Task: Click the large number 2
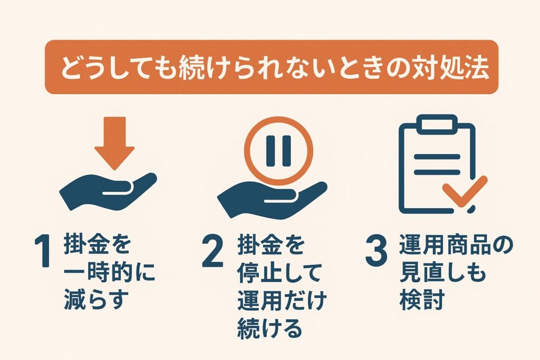pos(213,251)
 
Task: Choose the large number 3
pos(376,251)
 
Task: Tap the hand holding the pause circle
pos(272,198)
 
